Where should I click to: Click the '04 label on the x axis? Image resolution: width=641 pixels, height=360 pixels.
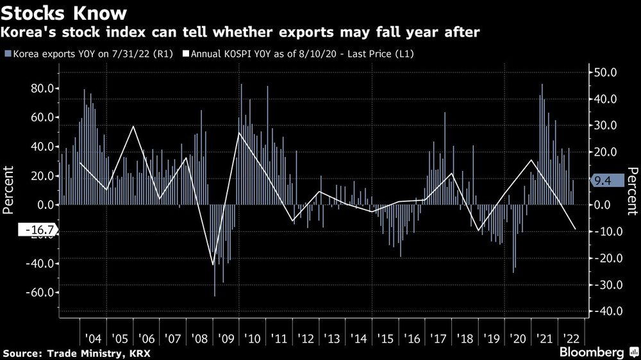(92, 338)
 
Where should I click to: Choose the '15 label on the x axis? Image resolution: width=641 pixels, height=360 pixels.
(385, 338)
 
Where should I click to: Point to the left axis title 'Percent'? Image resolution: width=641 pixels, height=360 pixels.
(10, 190)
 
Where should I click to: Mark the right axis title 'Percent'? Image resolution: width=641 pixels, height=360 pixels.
(631, 190)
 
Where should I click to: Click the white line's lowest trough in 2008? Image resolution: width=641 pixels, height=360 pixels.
(213, 264)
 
